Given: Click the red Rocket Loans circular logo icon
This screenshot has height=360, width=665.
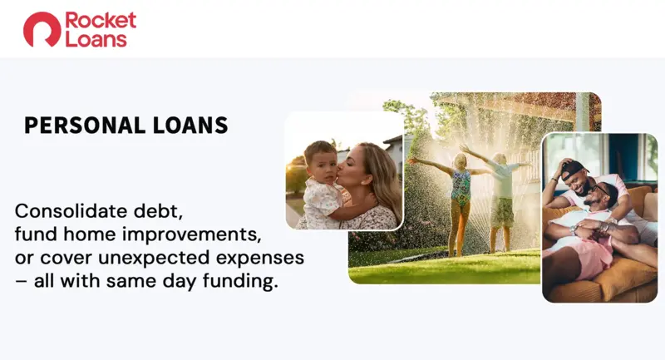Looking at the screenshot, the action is coord(42,29).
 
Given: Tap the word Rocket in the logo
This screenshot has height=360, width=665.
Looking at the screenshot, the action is coord(101,20).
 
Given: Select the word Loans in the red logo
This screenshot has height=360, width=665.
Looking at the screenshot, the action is coord(96,39).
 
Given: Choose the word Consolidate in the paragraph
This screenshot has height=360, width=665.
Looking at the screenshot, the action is coord(71,210).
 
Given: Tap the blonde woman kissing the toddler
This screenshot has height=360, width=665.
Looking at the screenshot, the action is coord(365,186).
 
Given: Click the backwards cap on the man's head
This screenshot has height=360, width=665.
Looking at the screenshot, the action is coord(574,168).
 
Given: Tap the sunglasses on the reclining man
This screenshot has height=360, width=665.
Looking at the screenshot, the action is coord(601,190).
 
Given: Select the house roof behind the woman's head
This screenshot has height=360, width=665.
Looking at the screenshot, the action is coord(392,141).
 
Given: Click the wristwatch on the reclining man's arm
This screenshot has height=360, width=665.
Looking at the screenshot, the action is coord(574,229).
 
